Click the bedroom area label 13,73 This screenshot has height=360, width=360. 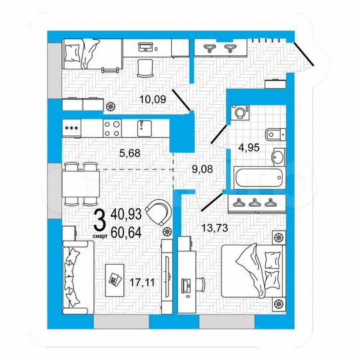[215, 228]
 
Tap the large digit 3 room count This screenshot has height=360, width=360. [99, 219]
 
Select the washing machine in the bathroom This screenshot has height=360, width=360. [239, 113]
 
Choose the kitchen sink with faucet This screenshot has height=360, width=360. [142, 127]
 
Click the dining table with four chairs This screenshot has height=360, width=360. [80, 182]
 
